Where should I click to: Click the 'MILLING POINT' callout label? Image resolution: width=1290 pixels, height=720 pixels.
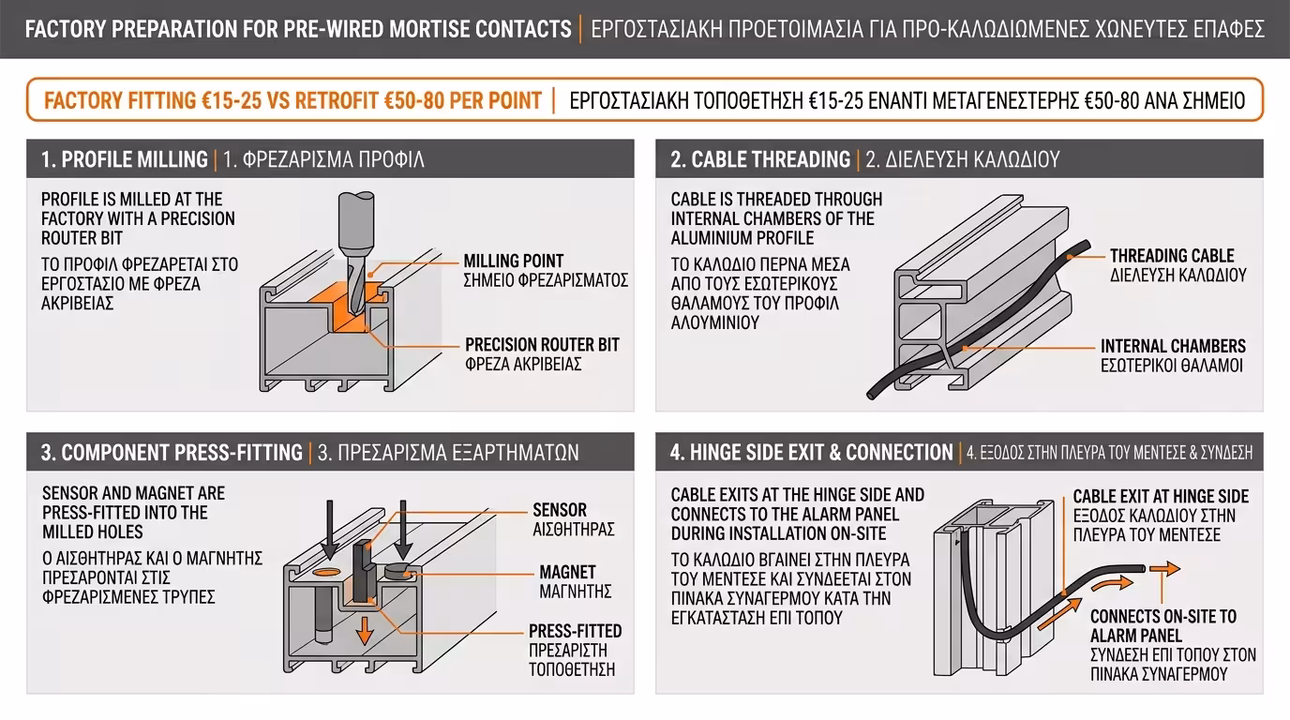[514, 261]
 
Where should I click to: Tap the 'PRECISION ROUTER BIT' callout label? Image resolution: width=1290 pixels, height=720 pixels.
[542, 344]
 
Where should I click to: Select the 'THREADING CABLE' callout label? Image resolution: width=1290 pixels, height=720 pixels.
[1172, 256]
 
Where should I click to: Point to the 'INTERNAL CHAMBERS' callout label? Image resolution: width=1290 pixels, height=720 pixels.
[1173, 346]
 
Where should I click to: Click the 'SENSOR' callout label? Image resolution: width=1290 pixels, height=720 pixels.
[560, 510]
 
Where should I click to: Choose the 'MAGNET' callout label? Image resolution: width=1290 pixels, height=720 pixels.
[567, 572]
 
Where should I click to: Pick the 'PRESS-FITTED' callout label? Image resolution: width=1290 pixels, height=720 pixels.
[575, 631]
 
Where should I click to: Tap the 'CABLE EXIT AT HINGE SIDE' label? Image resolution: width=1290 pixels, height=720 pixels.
[1161, 496]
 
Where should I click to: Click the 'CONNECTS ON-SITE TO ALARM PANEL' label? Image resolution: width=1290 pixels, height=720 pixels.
[1162, 626]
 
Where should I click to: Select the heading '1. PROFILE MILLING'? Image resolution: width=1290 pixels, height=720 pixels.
[125, 159]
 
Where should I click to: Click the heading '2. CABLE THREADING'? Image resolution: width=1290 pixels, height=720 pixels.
[760, 159]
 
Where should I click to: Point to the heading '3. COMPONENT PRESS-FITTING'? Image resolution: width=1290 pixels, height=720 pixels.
[172, 453]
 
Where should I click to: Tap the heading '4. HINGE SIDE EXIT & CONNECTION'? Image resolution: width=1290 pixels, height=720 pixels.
[811, 453]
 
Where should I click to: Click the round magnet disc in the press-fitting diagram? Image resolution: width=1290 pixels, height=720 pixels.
[396, 568]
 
